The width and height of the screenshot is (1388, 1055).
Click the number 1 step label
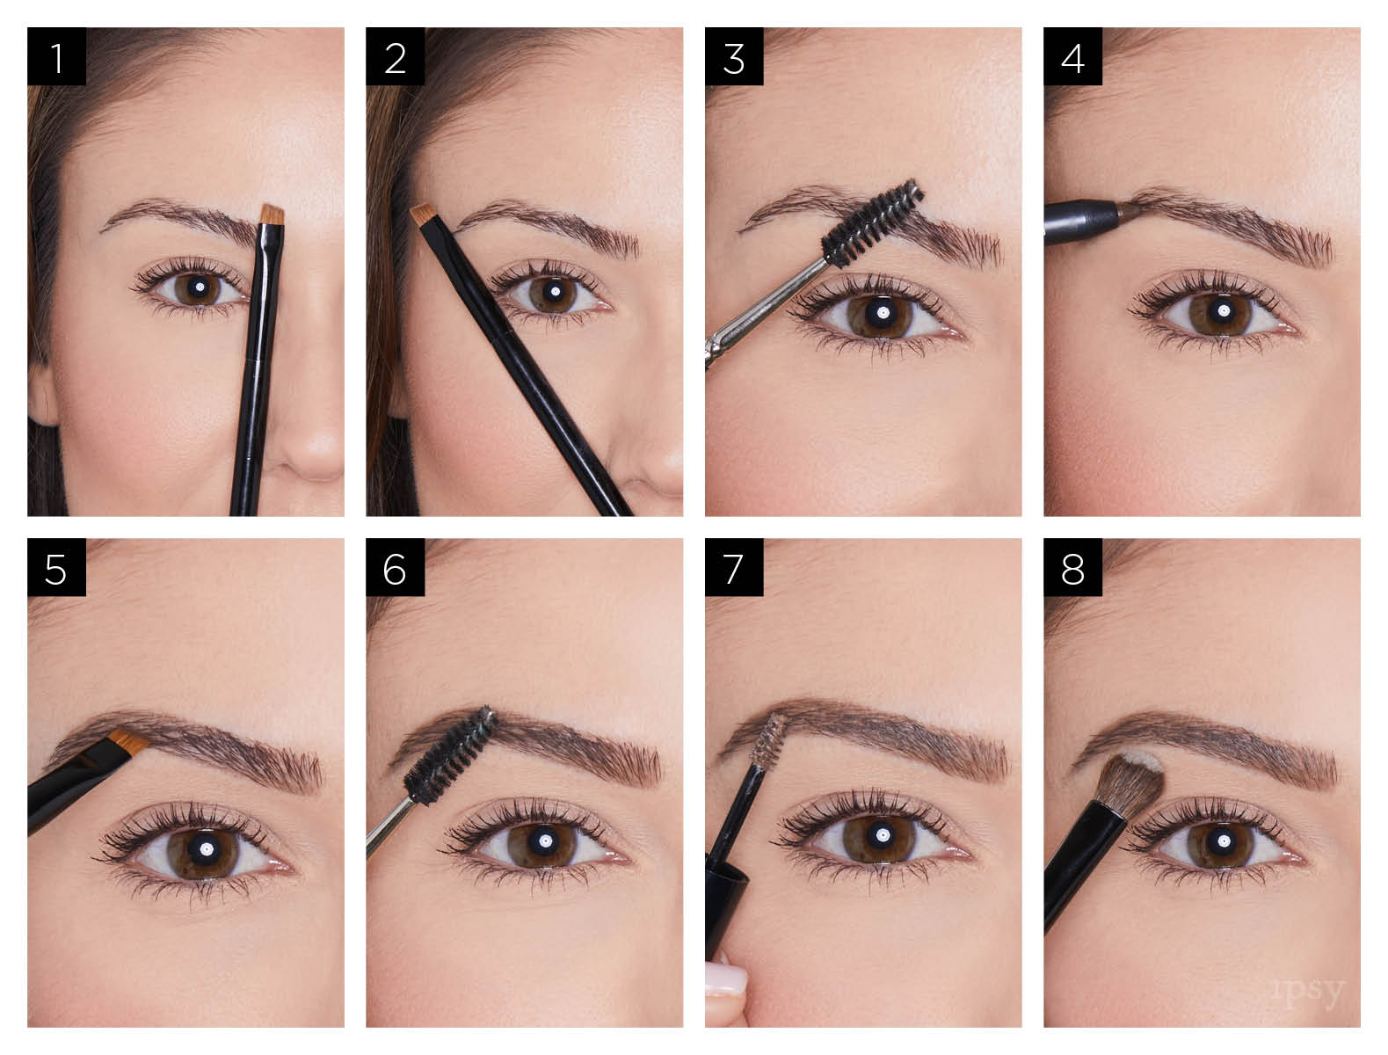click(x=56, y=57)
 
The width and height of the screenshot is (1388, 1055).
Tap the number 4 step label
click(x=1072, y=57)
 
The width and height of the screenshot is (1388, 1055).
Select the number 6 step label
click(x=395, y=569)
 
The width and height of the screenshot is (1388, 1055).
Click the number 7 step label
click(x=734, y=569)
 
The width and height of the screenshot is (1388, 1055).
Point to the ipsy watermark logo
click(x=1308, y=993)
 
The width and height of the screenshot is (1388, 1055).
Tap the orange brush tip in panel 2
click(x=425, y=214)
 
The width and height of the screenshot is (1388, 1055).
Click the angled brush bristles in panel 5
click(x=129, y=742)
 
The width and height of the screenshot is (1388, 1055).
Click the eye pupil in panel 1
click(x=200, y=287)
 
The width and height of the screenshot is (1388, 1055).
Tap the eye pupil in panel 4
click(x=1223, y=311)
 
